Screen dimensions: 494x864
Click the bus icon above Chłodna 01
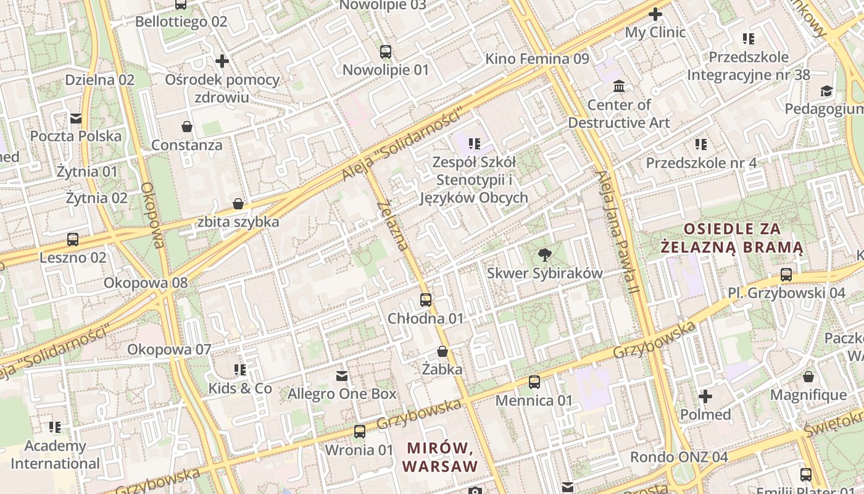pyautogui.click(x=426, y=300)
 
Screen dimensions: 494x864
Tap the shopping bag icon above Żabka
pyautogui.click(x=442, y=352)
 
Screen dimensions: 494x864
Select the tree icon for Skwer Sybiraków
pyautogui.click(x=544, y=254)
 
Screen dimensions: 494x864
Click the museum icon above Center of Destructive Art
pyautogui.click(x=619, y=86)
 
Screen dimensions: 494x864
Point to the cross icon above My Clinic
pyautogui.click(x=655, y=14)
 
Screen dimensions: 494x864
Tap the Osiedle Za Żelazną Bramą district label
pyautogui.click(x=732, y=238)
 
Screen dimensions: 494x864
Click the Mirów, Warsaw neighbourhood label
pyautogui.click(x=440, y=456)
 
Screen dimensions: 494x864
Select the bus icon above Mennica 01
pyautogui.click(x=534, y=382)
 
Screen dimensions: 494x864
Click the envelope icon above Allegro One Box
pyautogui.click(x=342, y=375)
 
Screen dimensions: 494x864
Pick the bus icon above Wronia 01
pyautogui.click(x=360, y=432)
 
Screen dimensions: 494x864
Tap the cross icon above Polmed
pyautogui.click(x=705, y=396)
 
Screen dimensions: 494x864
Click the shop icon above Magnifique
pyautogui.click(x=808, y=377)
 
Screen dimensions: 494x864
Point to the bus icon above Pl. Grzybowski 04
pyautogui.click(x=786, y=275)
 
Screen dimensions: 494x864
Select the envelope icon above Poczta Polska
pyautogui.click(x=76, y=118)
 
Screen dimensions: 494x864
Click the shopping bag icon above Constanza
pyautogui.click(x=187, y=127)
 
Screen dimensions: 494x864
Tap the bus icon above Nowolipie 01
pyautogui.click(x=386, y=52)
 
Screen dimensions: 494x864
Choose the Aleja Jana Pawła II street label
pyautogui.click(x=615, y=232)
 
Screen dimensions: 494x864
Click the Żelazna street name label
pyautogui.click(x=393, y=225)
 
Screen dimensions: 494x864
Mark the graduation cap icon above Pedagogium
pyautogui.click(x=826, y=91)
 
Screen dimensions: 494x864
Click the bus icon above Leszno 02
pyautogui.click(x=73, y=240)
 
